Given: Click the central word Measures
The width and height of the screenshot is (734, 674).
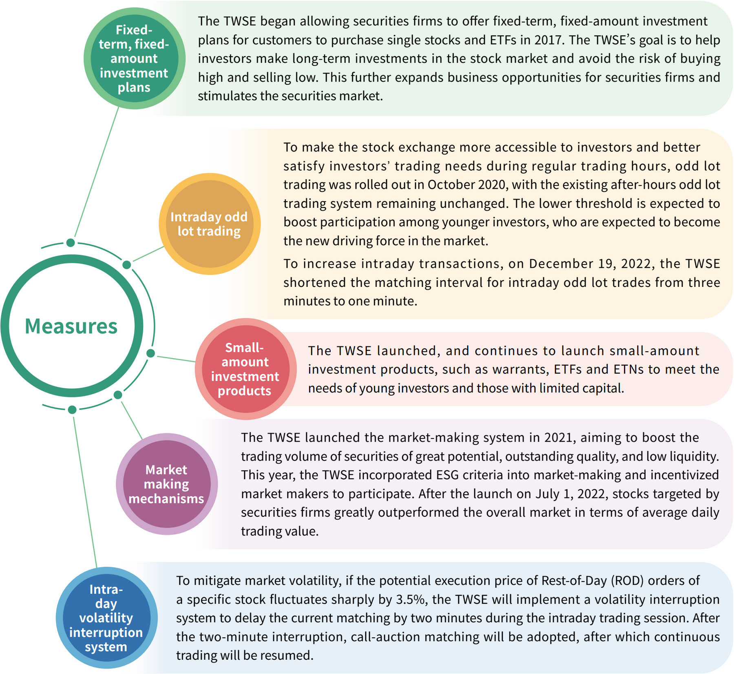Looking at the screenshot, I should pyautogui.click(x=71, y=326).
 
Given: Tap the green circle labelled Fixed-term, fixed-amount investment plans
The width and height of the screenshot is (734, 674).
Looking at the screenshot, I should pyautogui.click(x=134, y=58).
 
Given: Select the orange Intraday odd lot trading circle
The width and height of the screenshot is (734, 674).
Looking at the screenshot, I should pyautogui.click(x=209, y=224).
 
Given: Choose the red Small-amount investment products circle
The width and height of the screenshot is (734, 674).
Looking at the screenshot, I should pyautogui.click(x=245, y=369).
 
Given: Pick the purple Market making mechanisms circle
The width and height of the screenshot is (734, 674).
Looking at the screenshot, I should pyautogui.click(x=166, y=484).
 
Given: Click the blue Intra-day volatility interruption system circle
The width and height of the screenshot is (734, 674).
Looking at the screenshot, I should pyautogui.click(x=106, y=618).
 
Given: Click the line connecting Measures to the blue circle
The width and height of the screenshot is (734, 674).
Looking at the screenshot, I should pyautogui.click(x=85, y=489).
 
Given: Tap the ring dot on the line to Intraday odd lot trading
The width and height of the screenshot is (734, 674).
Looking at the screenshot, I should pyautogui.click(x=127, y=265).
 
